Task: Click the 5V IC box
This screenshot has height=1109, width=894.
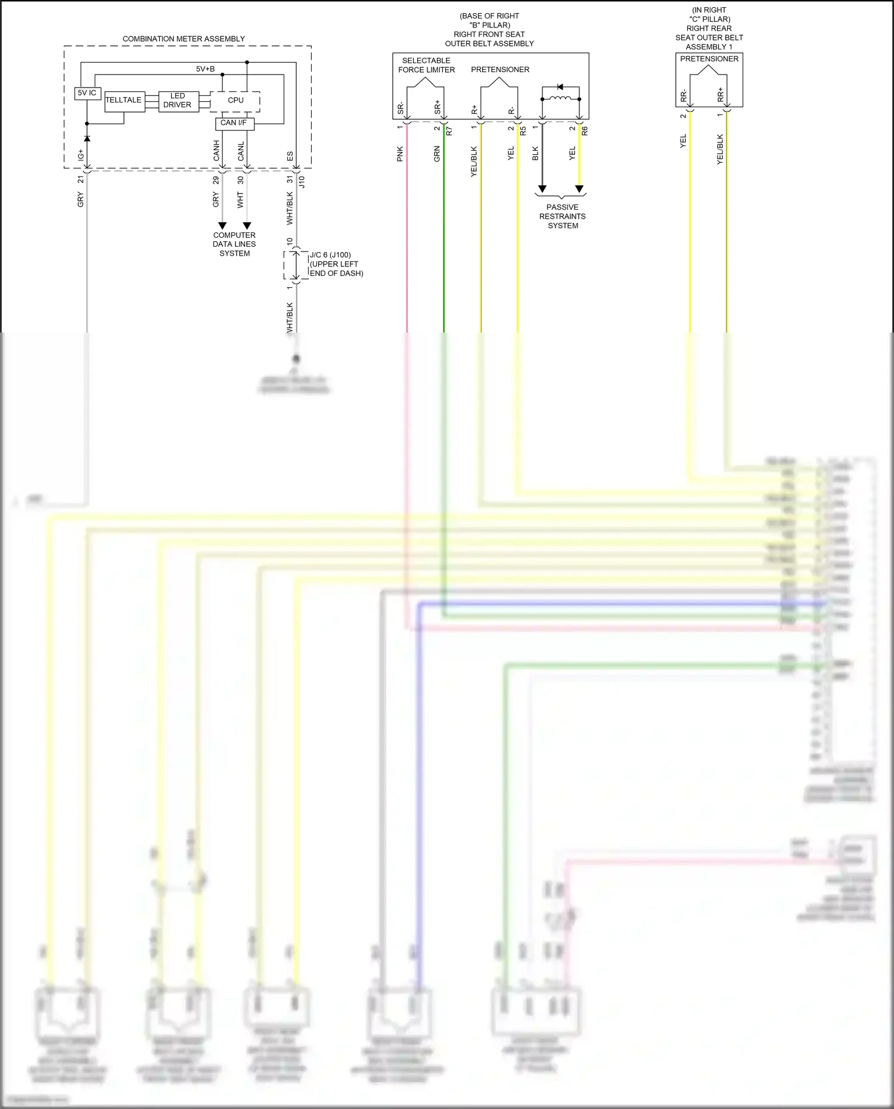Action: tap(87, 93)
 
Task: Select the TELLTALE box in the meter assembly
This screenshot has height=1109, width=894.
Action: tap(124, 101)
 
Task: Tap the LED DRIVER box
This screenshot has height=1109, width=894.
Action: tap(178, 101)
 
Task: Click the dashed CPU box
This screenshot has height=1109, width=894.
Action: tap(235, 101)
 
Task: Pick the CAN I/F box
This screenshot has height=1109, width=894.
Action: tap(234, 123)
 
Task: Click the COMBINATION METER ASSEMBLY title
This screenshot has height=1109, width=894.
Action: tap(184, 39)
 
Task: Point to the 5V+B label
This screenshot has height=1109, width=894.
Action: tap(205, 69)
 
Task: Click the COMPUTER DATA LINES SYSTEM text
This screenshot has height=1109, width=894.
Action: tap(234, 244)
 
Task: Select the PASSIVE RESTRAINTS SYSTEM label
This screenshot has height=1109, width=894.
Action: tap(563, 216)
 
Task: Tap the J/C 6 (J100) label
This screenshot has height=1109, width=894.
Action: tap(330, 255)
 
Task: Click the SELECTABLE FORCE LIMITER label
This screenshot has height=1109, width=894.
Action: tap(426, 65)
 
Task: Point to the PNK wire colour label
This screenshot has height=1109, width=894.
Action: tap(400, 154)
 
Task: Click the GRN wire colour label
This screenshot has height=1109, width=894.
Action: tap(437, 154)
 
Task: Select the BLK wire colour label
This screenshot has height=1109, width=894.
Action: tap(535, 154)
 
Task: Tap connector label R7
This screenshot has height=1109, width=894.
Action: tap(449, 131)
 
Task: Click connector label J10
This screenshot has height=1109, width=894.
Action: tap(302, 182)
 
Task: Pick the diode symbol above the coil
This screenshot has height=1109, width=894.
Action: tap(560, 87)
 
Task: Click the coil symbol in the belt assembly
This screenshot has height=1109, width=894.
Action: tap(560, 98)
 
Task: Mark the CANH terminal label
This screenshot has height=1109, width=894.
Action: tap(216, 151)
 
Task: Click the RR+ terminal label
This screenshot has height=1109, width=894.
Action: tap(720, 95)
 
